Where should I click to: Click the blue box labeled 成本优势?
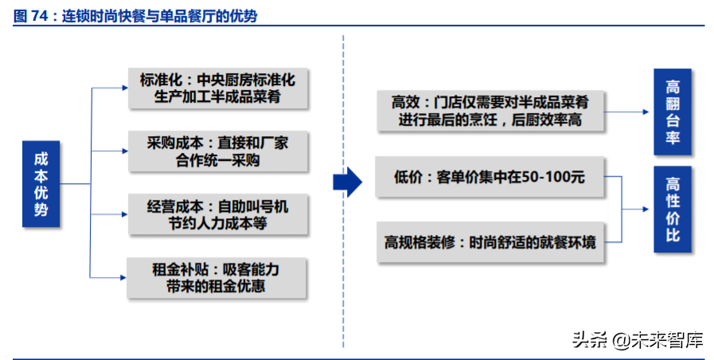pyautogui.click(x=41, y=183)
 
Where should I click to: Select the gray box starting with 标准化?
pyautogui.click(x=217, y=88)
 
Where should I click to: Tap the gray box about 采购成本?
pyautogui.click(x=217, y=151)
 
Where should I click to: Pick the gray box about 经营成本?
pyautogui.click(x=217, y=214)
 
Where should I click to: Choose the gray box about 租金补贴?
pyautogui.click(x=217, y=277)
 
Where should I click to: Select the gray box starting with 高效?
pyautogui.click(x=489, y=111)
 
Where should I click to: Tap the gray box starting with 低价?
pyautogui.click(x=489, y=177)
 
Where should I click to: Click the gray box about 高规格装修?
pyautogui.click(x=489, y=241)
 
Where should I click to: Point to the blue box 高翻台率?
pyautogui.click(x=673, y=111)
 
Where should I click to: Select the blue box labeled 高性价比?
pyautogui.click(x=673, y=209)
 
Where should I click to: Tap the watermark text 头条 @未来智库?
pyautogui.click(x=638, y=340)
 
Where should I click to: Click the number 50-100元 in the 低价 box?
pyautogui.click(x=552, y=177)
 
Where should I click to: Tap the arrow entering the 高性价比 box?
pyautogui.click(x=641, y=209)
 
